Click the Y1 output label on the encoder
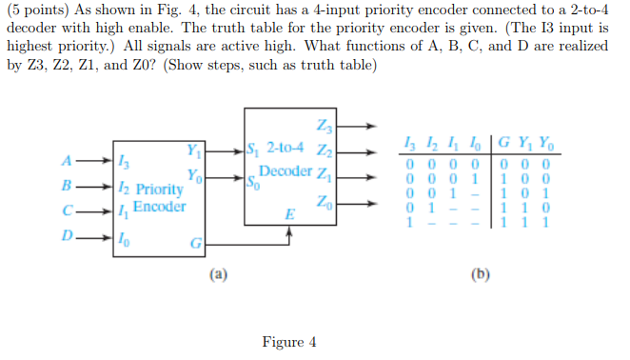click(194, 149)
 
